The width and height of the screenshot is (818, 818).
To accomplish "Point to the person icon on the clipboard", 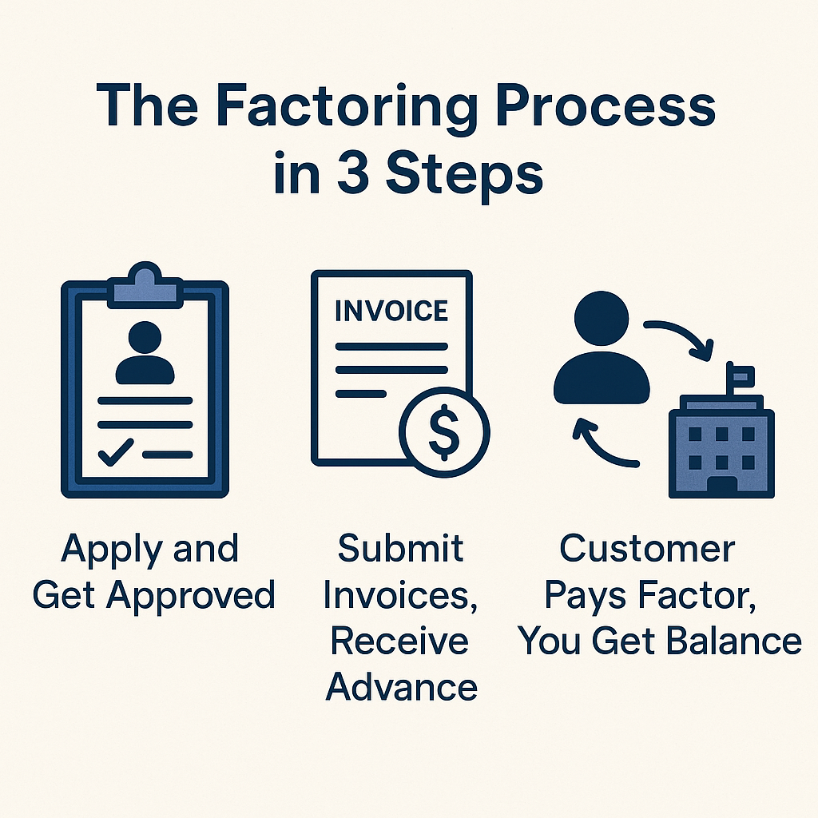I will click(145, 354).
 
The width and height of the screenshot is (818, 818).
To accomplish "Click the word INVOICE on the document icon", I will click(391, 310).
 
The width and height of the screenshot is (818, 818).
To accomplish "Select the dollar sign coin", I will click(443, 431).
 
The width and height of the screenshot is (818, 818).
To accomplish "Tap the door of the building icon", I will click(722, 485).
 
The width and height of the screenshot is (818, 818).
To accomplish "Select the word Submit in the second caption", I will click(400, 549).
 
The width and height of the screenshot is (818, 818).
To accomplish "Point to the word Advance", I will click(402, 686).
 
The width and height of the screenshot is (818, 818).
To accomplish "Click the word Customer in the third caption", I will click(647, 549).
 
